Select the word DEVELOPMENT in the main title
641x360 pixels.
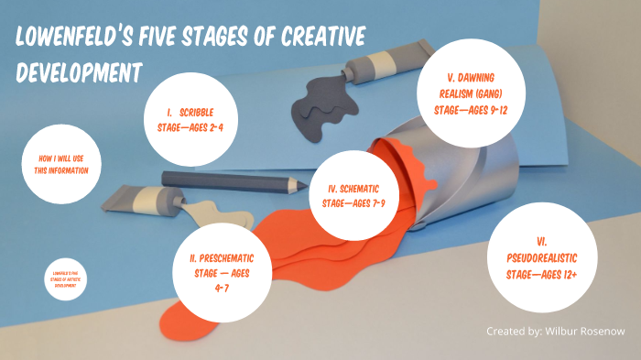pos(80,71)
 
